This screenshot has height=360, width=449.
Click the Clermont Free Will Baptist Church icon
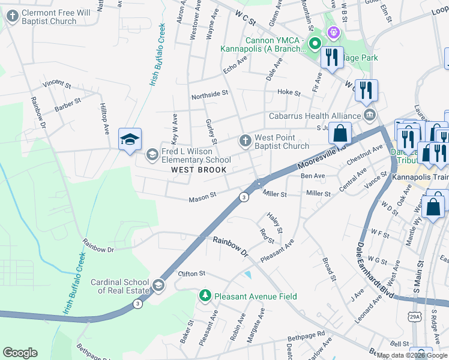(x=12, y=17)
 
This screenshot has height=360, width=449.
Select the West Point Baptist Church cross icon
(x=245, y=141)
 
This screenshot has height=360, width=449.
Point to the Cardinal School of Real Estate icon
(x=158, y=285)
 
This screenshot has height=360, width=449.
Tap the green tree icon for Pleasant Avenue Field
(x=205, y=296)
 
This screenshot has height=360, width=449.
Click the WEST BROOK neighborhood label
(x=199, y=170)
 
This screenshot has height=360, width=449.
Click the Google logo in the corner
(x=20, y=353)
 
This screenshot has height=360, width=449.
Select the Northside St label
(x=209, y=94)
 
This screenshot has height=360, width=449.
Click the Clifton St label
(x=191, y=274)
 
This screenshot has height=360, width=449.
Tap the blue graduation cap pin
(x=130, y=140)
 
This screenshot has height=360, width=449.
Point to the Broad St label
(x=328, y=269)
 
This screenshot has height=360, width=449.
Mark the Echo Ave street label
(x=235, y=65)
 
